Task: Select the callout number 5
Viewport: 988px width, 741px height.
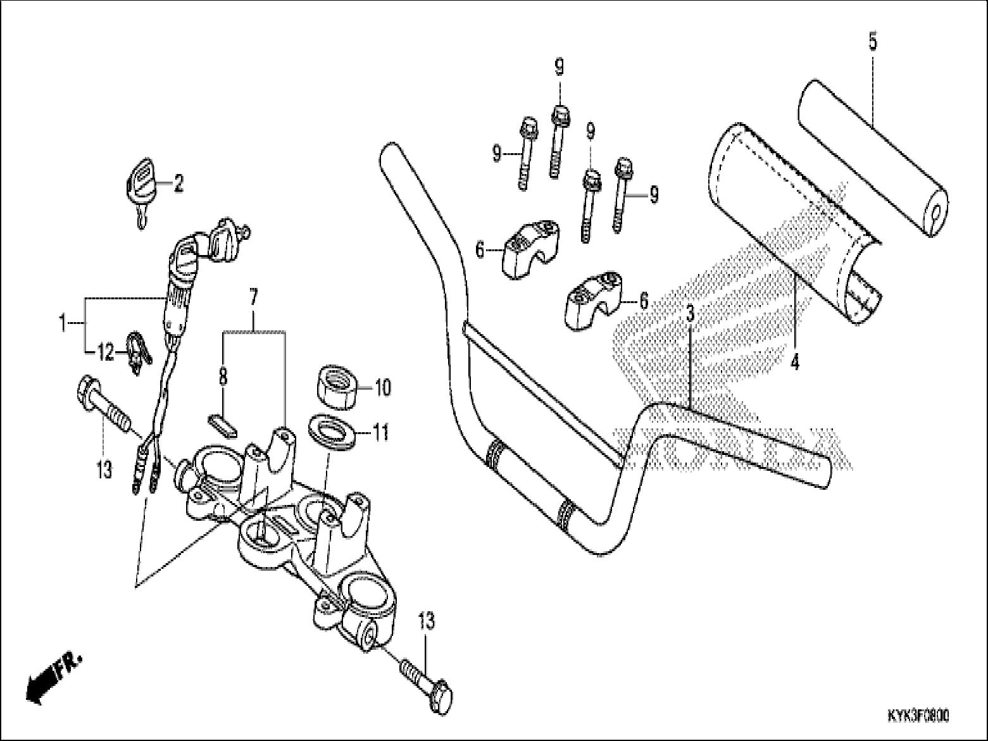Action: pos(873,42)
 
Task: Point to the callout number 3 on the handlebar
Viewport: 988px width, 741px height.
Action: pos(691,313)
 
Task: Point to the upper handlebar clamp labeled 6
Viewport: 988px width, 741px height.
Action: pos(530,250)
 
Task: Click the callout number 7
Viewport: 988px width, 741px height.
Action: pos(253,296)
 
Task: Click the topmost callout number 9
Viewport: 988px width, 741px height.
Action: pos(559,66)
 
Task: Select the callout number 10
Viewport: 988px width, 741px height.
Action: pos(384,387)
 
